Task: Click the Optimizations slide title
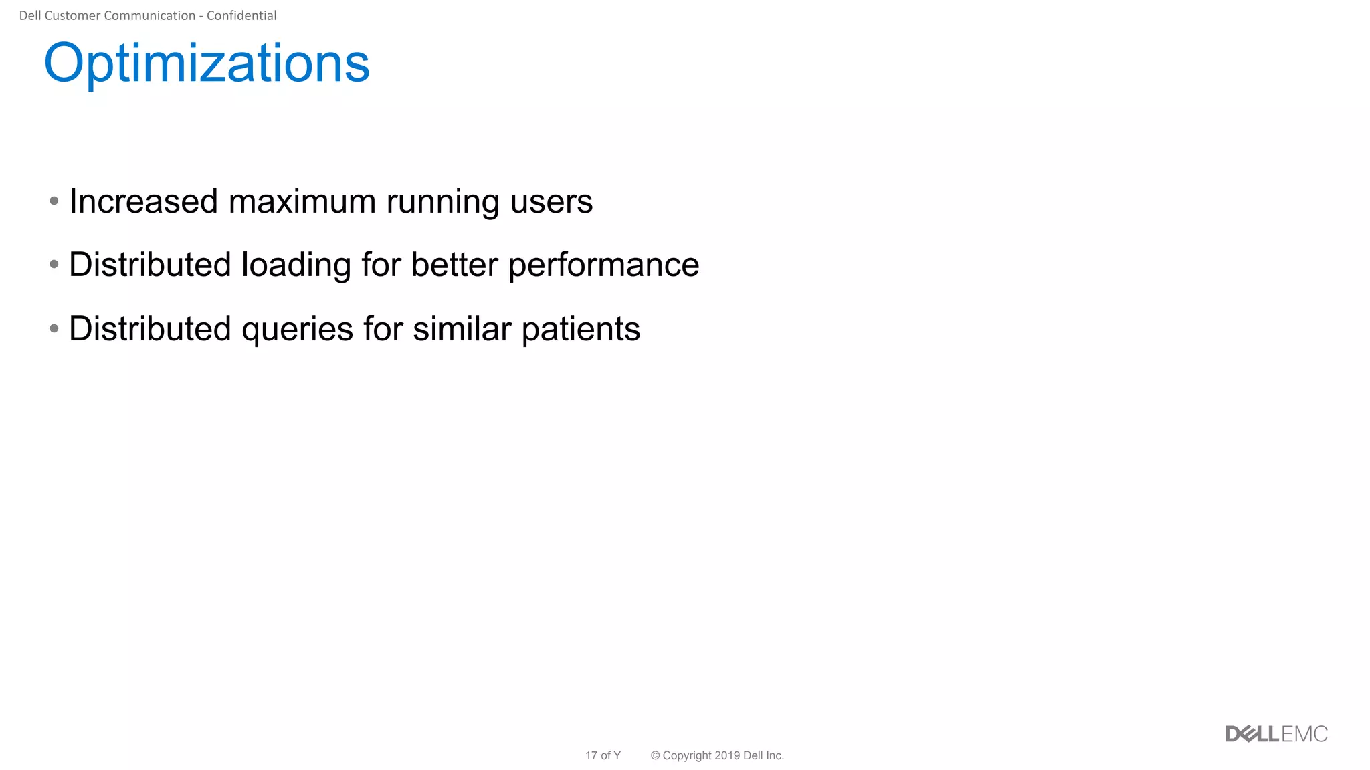point(207,63)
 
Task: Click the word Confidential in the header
point(241,15)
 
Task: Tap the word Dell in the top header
point(29,15)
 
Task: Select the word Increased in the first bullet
point(143,201)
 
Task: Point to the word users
point(551,201)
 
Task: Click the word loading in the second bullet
point(296,265)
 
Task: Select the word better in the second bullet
point(454,265)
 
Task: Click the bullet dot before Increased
point(54,201)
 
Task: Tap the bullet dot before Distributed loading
point(54,265)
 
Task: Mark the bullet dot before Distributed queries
point(54,328)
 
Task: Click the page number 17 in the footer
point(591,755)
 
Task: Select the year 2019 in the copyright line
point(726,755)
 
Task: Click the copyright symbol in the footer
point(655,755)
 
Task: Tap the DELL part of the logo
point(1252,734)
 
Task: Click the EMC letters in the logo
point(1304,734)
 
